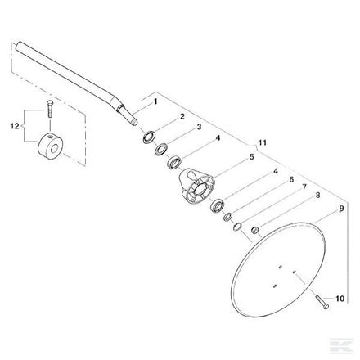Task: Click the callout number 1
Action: coord(155,101)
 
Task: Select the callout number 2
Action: coord(182,116)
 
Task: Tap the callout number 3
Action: coord(199,127)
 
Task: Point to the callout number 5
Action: coord(251,157)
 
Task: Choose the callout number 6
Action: coord(291,180)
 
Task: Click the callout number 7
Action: coord(304,187)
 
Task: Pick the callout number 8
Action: coord(317,196)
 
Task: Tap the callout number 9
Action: coord(341,209)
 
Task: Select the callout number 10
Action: coord(340,299)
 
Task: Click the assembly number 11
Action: coord(263,142)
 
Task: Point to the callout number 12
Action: coord(15,126)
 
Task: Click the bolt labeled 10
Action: coord(322,303)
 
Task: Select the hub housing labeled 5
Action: coord(196,187)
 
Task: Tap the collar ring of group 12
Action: coord(51,146)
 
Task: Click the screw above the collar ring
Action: coord(50,109)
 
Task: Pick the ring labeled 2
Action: coord(150,137)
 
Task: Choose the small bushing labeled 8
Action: coord(255,230)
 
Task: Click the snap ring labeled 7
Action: coord(237,227)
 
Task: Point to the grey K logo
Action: coord(342,346)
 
